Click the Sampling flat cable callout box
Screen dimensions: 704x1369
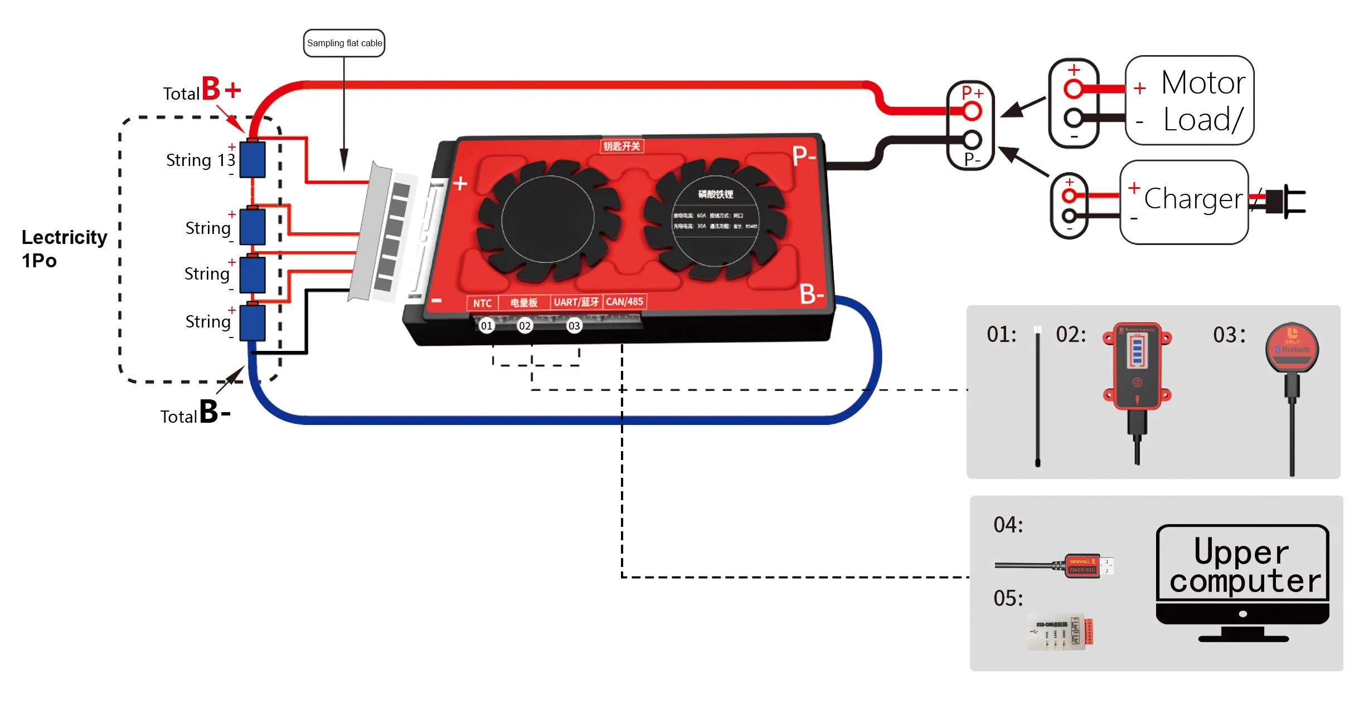(344, 43)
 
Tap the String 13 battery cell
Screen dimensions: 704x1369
(253, 160)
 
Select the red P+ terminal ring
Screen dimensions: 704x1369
(972, 111)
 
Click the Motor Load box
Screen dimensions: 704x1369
(1190, 100)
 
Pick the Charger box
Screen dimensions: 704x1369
(1184, 202)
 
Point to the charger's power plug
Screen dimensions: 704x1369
(1285, 201)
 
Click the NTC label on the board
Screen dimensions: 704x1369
(482, 303)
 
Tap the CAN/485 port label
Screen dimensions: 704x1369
(624, 301)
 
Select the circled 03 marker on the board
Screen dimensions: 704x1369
(574, 326)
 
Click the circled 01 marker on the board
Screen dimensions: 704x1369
(487, 326)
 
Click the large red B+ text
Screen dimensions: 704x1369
(221, 89)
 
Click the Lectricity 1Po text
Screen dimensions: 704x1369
(64, 248)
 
